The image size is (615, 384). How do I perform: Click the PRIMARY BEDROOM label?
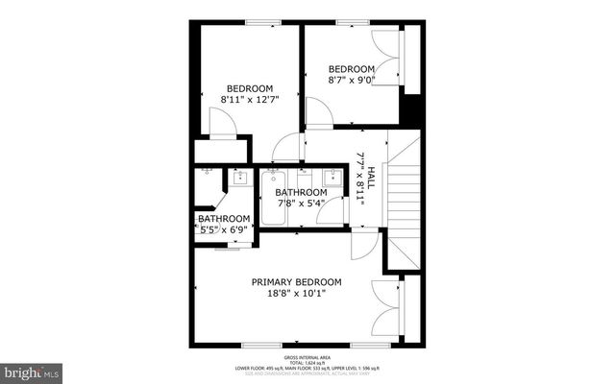(x=296, y=281)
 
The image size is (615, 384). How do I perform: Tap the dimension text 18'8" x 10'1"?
(x=296, y=294)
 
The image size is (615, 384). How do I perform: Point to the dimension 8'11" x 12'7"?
(x=248, y=98)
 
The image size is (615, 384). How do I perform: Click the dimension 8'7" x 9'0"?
(x=351, y=82)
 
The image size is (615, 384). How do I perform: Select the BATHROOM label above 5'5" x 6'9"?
(x=223, y=219)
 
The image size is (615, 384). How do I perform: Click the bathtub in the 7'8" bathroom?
(x=273, y=199)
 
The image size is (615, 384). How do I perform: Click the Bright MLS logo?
(x=32, y=370)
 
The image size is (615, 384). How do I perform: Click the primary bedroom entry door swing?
(x=363, y=246)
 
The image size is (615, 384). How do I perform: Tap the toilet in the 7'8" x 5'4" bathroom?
(x=305, y=177)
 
